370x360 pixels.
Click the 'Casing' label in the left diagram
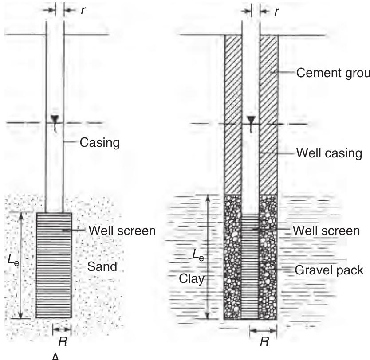[x=100, y=144]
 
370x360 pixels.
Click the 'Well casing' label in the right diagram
[x=329, y=153]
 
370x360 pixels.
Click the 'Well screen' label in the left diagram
[x=122, y=231]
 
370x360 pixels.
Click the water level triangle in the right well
[x=251, y=120]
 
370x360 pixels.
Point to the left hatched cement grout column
[x=233, y=115]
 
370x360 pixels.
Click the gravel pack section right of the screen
[x=268, y=257]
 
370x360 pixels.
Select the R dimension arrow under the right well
[x=263, y=329]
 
